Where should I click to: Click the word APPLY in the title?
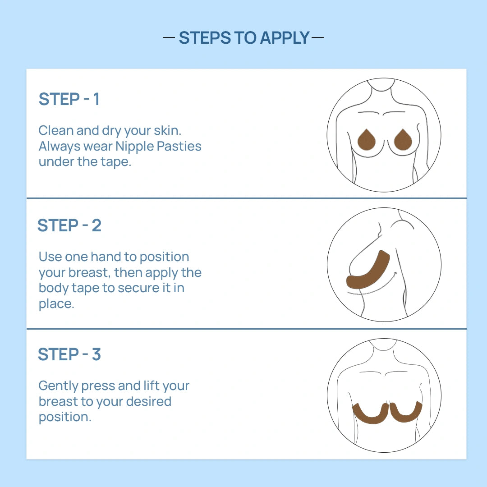coord(285,38)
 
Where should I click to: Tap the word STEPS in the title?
coord(205,38)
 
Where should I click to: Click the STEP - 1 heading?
coord(69,99)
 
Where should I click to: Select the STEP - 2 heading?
coord(69,225)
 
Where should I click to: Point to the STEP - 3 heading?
coord(69,354)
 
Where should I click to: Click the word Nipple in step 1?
coord(134,147)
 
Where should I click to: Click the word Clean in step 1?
coord(56,130)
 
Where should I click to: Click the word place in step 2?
coord(56,304)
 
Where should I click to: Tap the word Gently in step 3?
coord(58,386)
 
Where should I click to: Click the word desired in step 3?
coord(149,401)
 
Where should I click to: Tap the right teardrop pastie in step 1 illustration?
coord(403,140)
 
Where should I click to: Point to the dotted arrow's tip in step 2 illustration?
coord(396,272)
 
